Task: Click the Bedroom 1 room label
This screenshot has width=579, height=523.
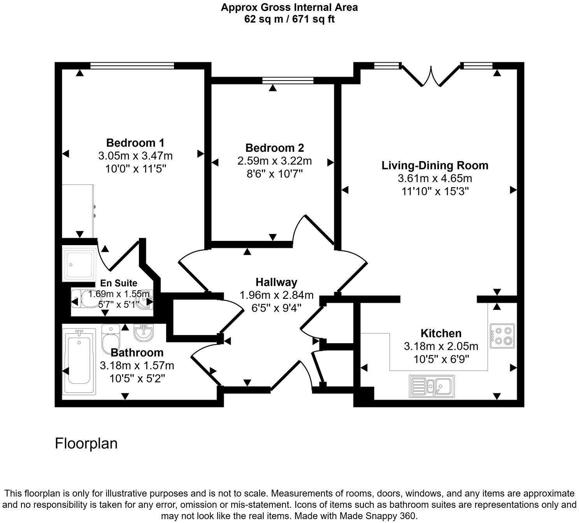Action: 135,142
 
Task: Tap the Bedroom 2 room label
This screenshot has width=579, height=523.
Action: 274,148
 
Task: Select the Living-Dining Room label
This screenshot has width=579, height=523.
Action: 435,165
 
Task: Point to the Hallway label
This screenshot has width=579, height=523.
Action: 276,282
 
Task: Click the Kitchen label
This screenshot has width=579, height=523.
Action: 441,333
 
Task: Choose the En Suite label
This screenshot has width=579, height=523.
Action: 119,283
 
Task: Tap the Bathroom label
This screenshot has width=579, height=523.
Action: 137,353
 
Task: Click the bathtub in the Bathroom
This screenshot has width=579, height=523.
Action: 79,361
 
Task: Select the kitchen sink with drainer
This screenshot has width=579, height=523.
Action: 432,386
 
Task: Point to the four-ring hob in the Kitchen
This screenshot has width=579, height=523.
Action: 502,336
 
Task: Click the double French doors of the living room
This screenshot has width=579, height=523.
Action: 431,76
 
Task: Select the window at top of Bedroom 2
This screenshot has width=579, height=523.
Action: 288,81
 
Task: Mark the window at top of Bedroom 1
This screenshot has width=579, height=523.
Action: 132,66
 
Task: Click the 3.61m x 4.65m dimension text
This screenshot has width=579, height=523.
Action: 435,179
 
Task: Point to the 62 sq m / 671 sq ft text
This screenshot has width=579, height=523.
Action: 289,19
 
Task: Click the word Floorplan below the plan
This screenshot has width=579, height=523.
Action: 86,444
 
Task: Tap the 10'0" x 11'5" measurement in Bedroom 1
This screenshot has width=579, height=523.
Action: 135,169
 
